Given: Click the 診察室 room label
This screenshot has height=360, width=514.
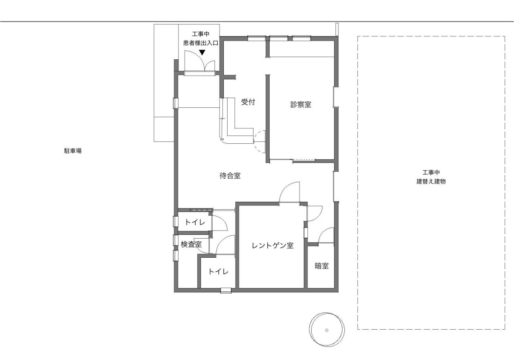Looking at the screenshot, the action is [x=300, y=105].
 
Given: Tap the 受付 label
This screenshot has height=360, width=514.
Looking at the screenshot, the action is [x=248, y=102].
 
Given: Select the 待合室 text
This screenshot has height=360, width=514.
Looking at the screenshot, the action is [x=230, y=176].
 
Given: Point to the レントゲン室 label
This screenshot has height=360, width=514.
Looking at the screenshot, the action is [x=272, y=245].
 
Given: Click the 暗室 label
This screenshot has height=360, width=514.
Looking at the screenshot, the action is [x=321, y=266].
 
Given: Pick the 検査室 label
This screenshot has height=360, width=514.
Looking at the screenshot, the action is [x=191, y=244].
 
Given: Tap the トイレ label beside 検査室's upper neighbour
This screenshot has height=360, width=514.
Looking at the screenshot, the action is [x=195, y=222].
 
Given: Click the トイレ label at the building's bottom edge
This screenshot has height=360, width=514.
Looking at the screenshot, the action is [x=218, y=272].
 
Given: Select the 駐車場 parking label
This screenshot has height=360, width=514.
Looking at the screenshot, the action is [x=73, y=151].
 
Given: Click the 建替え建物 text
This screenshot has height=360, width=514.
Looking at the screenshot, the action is [x=431, y=182].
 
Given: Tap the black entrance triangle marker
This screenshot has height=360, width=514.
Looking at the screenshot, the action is [x=202, y=52].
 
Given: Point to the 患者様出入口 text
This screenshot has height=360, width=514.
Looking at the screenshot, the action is [x=200, y=43].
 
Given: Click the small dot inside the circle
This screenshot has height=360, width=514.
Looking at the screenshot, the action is [x=327, y=330].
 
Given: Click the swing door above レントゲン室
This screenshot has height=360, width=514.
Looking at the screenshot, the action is [x=289, y=193].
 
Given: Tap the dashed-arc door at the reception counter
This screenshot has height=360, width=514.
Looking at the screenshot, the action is [x=260, y=141].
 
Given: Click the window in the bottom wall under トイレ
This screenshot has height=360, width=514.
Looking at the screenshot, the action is [x=226, y=290].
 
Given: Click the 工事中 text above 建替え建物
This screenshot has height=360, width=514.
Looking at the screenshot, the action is [x=431, y=173].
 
